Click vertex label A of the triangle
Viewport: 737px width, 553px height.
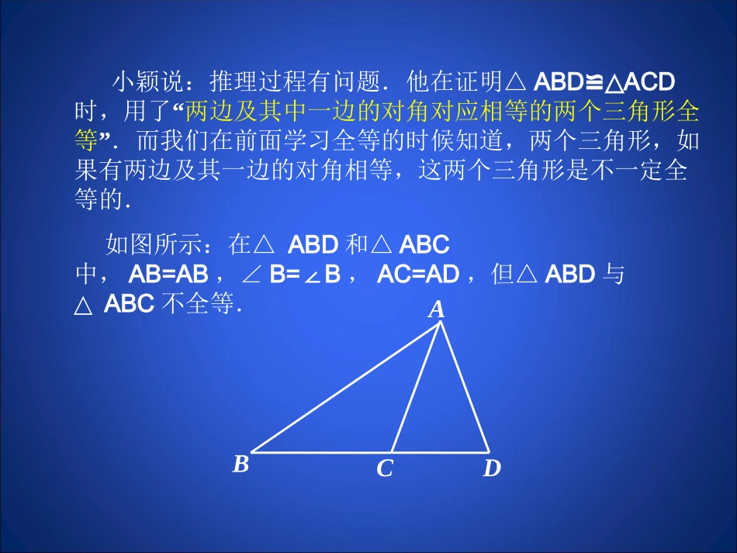click(x=437, y=310)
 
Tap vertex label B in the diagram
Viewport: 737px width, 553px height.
click(x=241, y=465)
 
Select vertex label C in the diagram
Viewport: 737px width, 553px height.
click(x=385, y=468)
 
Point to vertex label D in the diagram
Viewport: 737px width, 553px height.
click(x=492, y=468)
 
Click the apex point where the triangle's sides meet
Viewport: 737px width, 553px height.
click(x=441, y=323)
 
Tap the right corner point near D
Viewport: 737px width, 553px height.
click(x=490, y=451)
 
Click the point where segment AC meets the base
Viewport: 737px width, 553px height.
click(x=392, y=451)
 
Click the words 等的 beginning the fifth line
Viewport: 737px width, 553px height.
click(x=100, y=200)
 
